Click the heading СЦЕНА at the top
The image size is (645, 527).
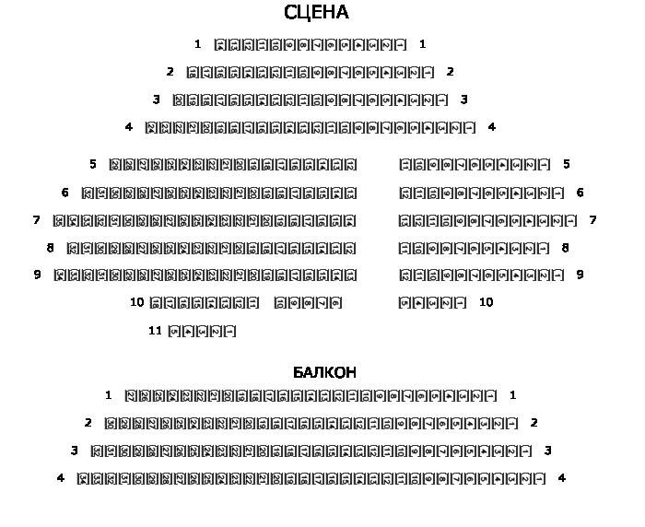click(x=316, y=13)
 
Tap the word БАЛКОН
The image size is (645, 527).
click(x=324, y=372)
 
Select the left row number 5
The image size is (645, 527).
click(x=93, y=165)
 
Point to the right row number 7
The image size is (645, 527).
click(x=592, y=220)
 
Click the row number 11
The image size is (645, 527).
click(x=155, y=332)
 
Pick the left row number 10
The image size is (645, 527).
click(x=136, y=302)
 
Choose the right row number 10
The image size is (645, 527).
click(x=486, y=302)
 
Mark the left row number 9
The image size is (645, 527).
click(x=38, y=275)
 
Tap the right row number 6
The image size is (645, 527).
click(x=580, y=193)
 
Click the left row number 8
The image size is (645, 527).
click(x=51, y=248)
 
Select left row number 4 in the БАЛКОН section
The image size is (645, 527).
click(x=61, y=478)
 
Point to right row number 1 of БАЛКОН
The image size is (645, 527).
click(x=512, y=395)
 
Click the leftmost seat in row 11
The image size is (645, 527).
click(x=174, y=332)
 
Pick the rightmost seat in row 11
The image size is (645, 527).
click(x=230, y=332)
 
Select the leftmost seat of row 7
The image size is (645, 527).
click(x=60, y=221)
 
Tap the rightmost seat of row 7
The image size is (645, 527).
click(x=571, y=221)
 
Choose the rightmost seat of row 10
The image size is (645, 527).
click(x=461, y=302)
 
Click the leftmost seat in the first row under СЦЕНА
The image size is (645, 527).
click(x=220, y=44)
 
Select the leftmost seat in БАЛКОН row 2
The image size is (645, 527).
click(x=111, y=424)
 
